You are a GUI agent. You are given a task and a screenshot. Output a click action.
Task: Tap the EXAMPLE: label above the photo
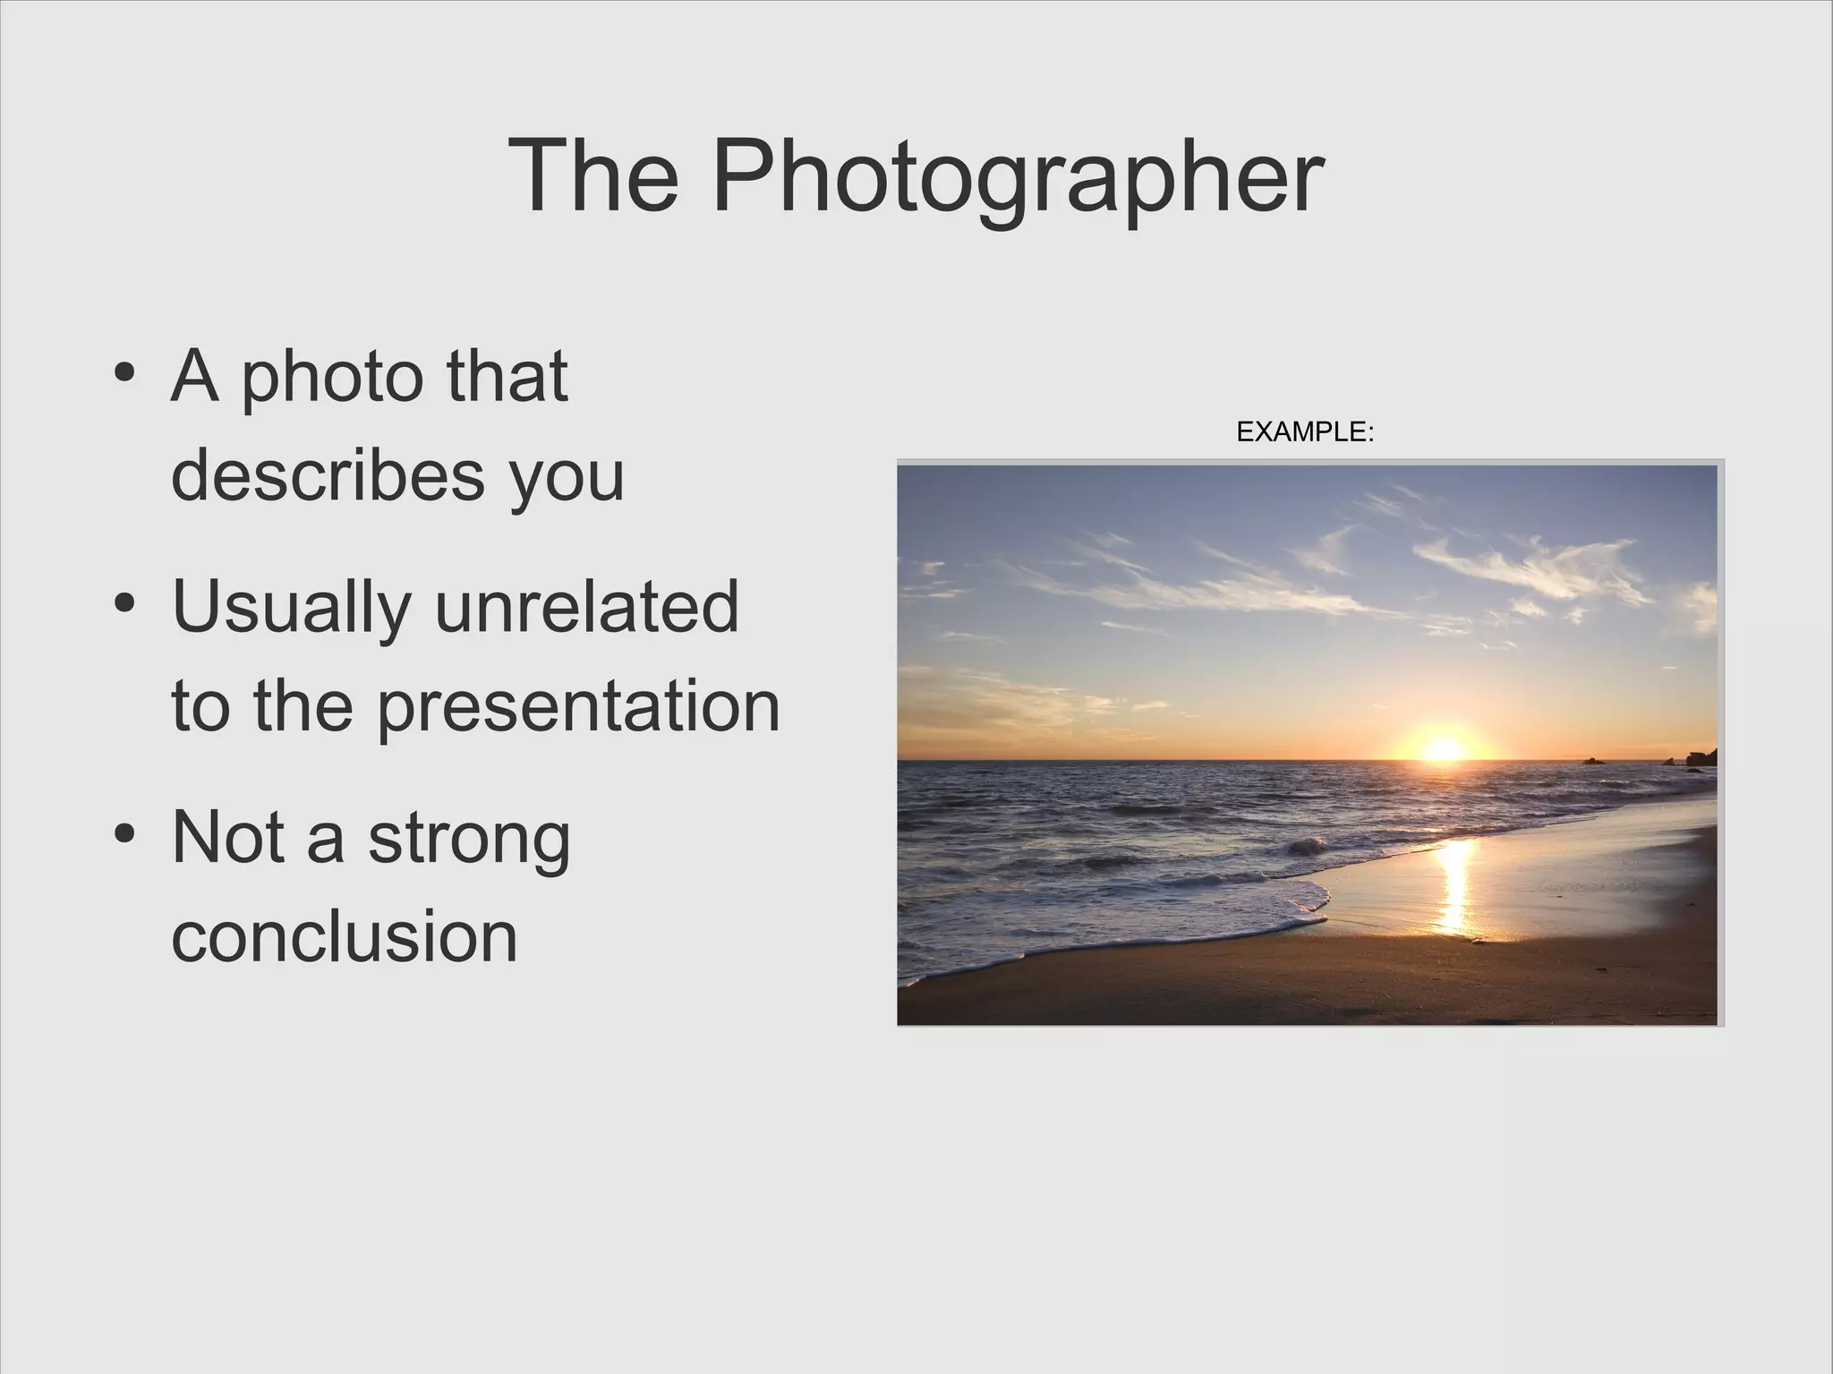click(x=1304, y=432)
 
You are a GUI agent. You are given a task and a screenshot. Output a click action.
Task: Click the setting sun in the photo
click(x=1443, y=747)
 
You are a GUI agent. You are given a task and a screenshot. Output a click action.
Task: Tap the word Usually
click(x=290, y=608)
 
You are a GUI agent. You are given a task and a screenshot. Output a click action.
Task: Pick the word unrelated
click(x=586, y=606)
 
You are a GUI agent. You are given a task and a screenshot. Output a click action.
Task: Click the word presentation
click(x=577, y=707)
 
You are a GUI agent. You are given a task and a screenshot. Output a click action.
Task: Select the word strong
click(x=468, y=838)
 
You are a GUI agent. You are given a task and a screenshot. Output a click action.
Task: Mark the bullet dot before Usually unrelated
click(x=125, y=602)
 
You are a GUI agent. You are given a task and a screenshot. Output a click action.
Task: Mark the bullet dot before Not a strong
click(x=125, y=833)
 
